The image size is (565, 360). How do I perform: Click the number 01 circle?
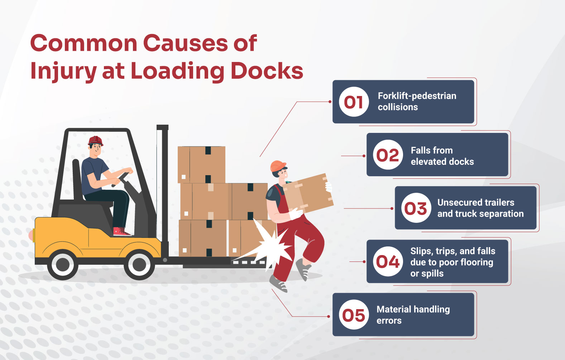point(354,102)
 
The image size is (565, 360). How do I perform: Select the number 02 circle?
point(387,155)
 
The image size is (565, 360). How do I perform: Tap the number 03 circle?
point(416,208)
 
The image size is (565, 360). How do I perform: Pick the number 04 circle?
point(388,261)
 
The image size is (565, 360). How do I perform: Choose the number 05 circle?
point(354,315)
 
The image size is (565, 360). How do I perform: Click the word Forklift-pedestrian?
point(417,96)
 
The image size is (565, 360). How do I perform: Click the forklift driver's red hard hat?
point(95,140)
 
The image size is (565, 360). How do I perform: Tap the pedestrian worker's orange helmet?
point(278,166)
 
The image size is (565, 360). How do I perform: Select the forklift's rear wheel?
point(63,265)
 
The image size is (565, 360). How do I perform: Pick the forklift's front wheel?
point(139,265)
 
